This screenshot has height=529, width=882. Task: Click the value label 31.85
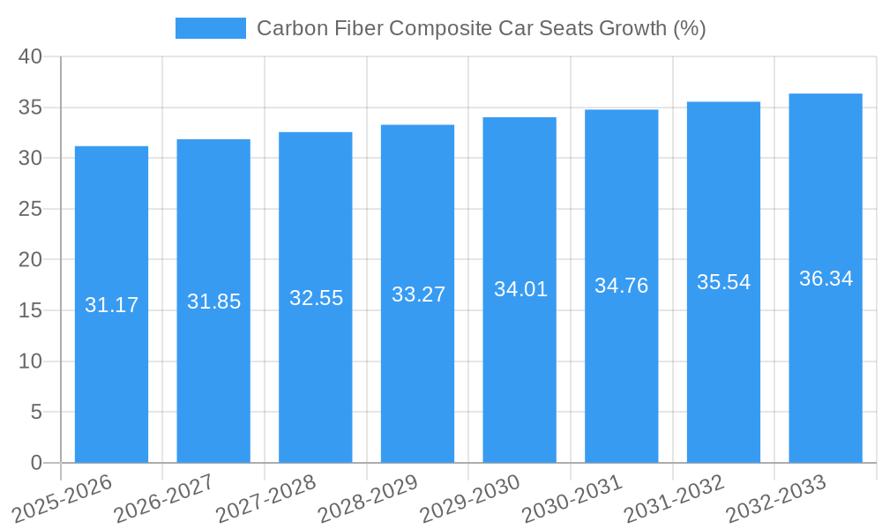click(x=213, y=302)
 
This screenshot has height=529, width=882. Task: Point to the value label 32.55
click(x=316, y=298)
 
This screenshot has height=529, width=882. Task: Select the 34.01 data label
click(x=520, y=289)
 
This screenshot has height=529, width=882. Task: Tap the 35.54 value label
click(x=723, y=282)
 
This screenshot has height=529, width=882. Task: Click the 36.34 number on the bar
click(x=826, y=279)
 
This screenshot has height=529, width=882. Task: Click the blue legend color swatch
click(x=211, y=28)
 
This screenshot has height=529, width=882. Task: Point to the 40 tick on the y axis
click(x=30, y=56)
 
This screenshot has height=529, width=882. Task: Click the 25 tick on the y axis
click(x=30, y=209)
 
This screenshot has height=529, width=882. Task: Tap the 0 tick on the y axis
click(x=36, y=463)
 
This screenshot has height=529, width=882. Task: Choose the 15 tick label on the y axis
click(x=30, y=310)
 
